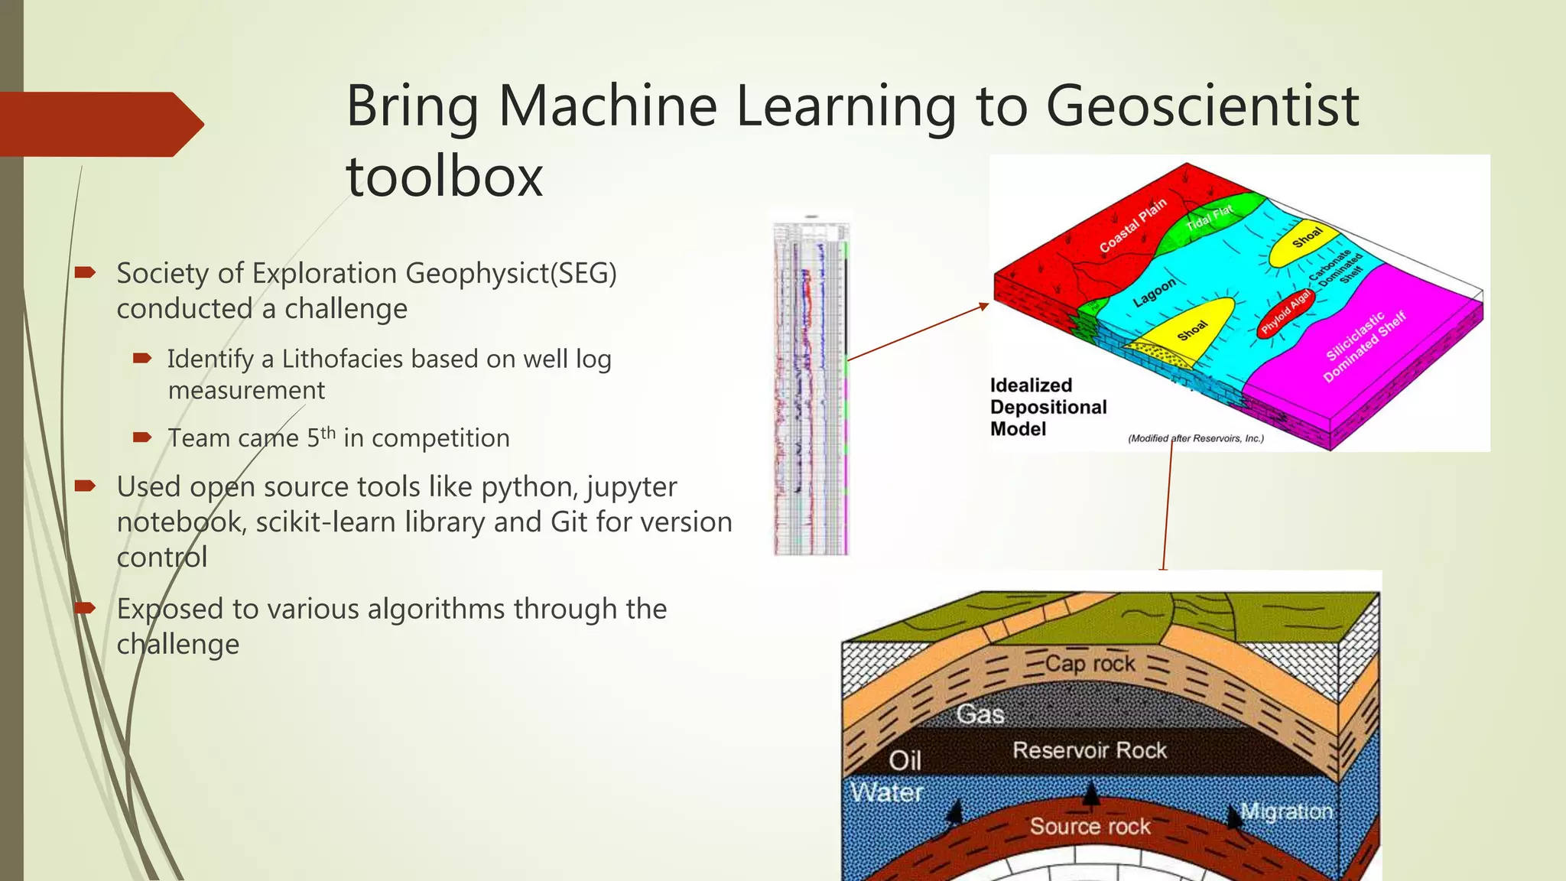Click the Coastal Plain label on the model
[x=1132, y=226]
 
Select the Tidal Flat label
[x=1209, y=217]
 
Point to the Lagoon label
[x=1154, y=293]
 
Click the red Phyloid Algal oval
[x=1286, y=312]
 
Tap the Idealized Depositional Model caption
[x=1047, y=407]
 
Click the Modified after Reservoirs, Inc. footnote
[x=1196, y=438]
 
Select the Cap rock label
[x=1090, y=663]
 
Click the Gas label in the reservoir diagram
[x=980, y=714]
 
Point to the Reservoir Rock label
[x=1090, y=750]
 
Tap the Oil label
[x=905, y=760]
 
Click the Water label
[x=887, y=792]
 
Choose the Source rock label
[x=1090, y=826]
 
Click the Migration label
[x=1286, y=811]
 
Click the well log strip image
[x=811, y=390]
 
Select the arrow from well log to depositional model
[x=918, y=332]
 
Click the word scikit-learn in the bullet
[x=327, y=522]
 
